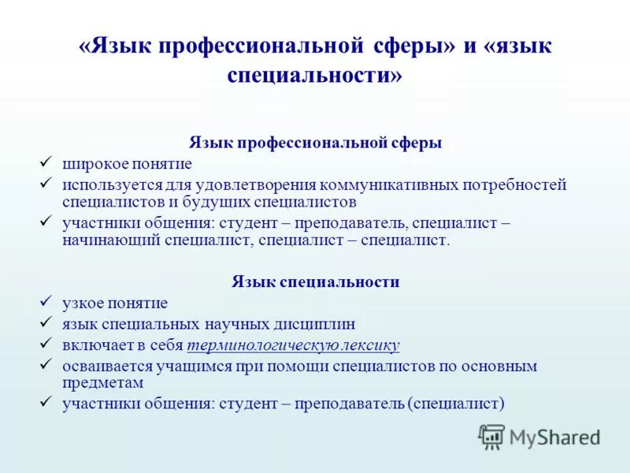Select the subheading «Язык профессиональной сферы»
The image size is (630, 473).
pos(315,143)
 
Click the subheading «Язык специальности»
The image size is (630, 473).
pos(315,281)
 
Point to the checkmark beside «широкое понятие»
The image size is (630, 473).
pos(46,162)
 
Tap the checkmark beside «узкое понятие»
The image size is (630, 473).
pos(46,301)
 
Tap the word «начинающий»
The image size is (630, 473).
pos(111,240)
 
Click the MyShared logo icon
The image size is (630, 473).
pos(492,437)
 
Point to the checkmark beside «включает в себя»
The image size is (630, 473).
pos(46,344)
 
